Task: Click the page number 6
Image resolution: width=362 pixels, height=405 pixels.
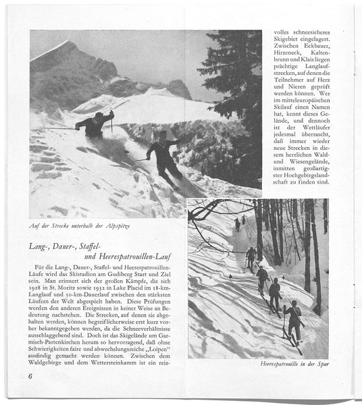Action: click(30, 376)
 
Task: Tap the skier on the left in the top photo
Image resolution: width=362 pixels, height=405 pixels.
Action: click(95, 124)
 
